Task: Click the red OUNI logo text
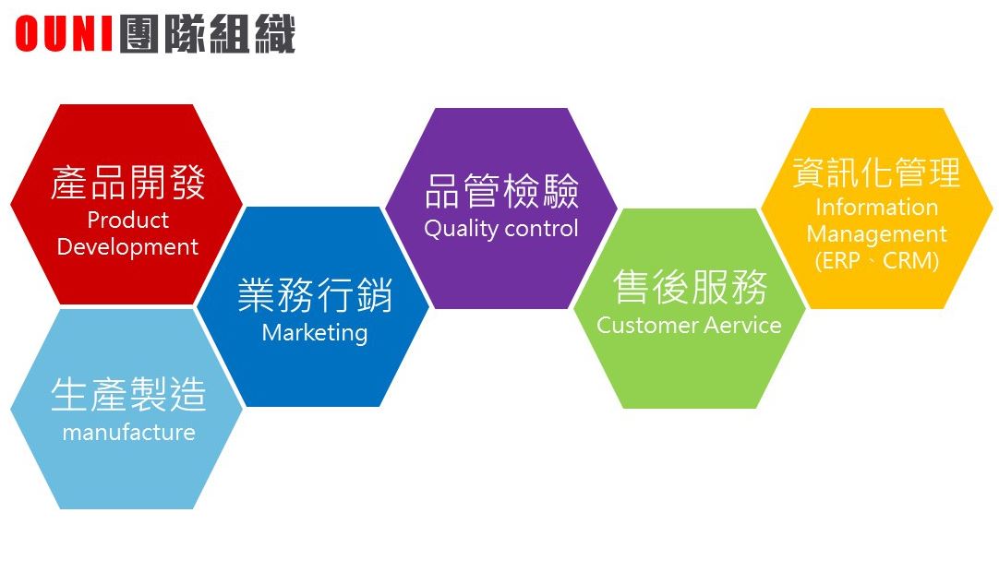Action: pos(65,34)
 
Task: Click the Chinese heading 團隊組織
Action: pos(208,34)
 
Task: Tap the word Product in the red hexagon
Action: pos(127,220)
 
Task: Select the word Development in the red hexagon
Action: pos(127,247)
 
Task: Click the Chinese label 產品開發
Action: pos(128,183)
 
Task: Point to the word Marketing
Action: pos(315,333)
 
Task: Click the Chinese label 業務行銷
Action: pos(315,295)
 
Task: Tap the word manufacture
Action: pos(128,433)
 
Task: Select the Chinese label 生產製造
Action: pos(128,394)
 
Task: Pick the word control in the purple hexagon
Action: pos(542,229)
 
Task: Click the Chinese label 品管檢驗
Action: pos(501,190)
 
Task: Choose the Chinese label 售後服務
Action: pos(690,287)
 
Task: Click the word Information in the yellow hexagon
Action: pos(877,207)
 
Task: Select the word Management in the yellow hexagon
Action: pos(877,234)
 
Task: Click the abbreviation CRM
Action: pos(908,261)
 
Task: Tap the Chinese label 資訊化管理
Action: pos(877,172)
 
